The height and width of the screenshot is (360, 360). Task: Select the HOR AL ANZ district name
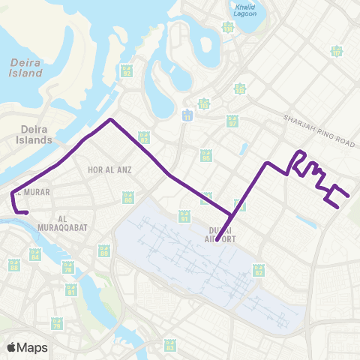click(109, 170)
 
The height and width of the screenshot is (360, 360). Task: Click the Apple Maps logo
click(27, 347)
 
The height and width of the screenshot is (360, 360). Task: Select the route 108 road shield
click(228, 27)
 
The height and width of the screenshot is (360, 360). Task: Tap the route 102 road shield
click(240, 90)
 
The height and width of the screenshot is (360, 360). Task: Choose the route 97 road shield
click(232, 121)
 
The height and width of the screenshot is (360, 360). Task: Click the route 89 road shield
click(104, 251)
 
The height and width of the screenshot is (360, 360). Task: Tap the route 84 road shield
click(34, 255)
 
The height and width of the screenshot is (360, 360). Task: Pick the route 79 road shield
click(57, 324)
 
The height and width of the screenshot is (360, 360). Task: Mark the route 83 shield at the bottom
click(169, 345)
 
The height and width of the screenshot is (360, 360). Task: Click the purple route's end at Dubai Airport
click(216, 241)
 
